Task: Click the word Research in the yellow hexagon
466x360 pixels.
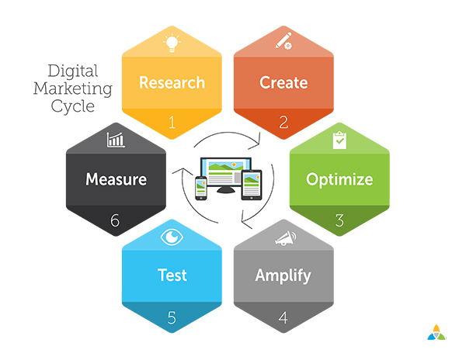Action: coord(172,82)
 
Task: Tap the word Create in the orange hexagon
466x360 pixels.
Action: coord(283,82)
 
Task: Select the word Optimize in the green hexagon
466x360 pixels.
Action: coord(339,180)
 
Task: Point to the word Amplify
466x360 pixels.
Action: coord(283,276)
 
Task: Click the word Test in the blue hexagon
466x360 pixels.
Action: coord(172,275)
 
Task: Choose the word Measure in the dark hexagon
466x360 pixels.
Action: coord(116,179)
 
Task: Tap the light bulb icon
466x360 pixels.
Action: coord(172,43)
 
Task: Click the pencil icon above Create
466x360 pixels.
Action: coord(283,41)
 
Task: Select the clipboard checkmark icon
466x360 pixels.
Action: coord(339,140)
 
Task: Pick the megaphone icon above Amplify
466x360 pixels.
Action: coord(285,238)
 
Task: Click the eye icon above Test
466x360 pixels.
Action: coord(172,237)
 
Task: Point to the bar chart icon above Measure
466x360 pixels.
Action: coord(116,140)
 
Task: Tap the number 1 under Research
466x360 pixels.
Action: coord(172,123)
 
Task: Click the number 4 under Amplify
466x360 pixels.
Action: coord(283,317)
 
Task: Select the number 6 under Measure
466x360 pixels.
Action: coord(115,220)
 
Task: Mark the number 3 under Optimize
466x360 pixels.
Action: coord(339,220)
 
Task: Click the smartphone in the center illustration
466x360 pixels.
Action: coord(201,188)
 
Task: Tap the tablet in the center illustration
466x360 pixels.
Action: coord(252,185)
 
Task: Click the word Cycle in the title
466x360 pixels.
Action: coord(73,107)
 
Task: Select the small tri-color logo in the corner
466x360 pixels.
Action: coord(436,332)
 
